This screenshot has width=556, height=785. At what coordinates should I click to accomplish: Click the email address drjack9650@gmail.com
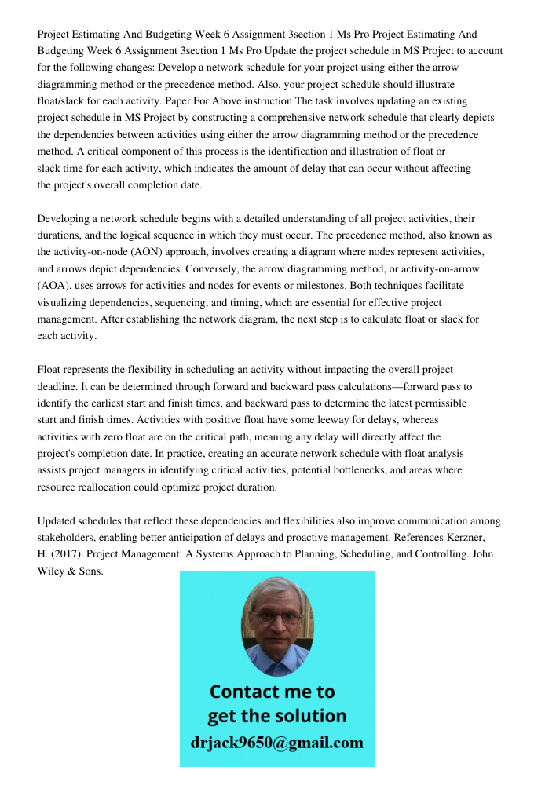point(276,743)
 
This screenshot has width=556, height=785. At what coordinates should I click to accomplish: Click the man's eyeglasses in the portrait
point(277,617)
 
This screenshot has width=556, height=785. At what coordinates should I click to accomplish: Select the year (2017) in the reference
point(68,554)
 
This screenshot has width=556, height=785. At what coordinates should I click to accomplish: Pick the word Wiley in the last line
point(54,571)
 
